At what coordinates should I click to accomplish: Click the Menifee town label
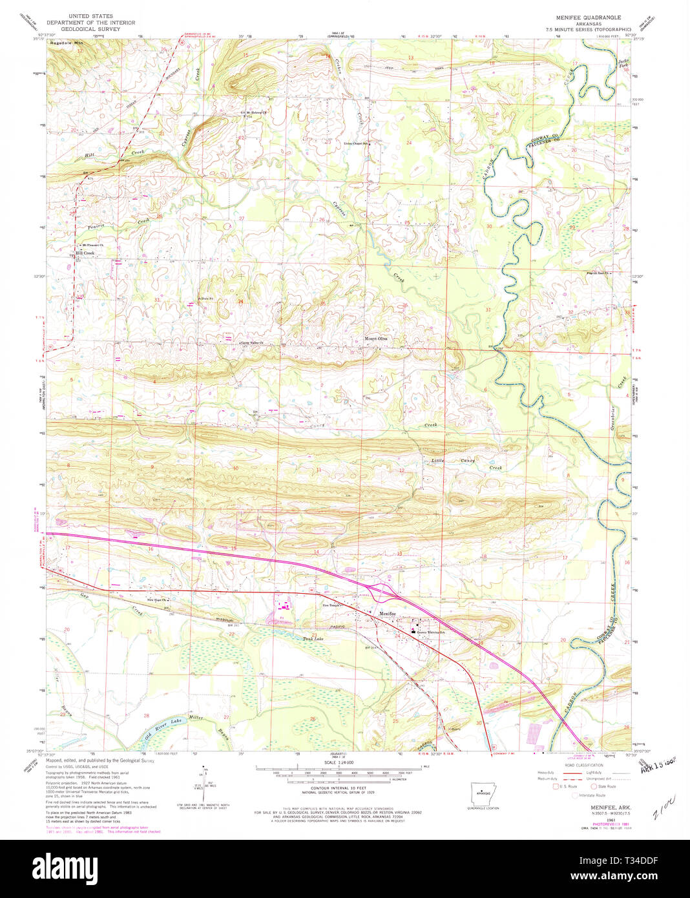[387, 613]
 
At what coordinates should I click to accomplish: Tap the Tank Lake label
[312, 639]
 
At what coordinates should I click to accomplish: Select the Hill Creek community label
[85, 253]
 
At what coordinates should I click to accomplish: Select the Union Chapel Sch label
[356, 143]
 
